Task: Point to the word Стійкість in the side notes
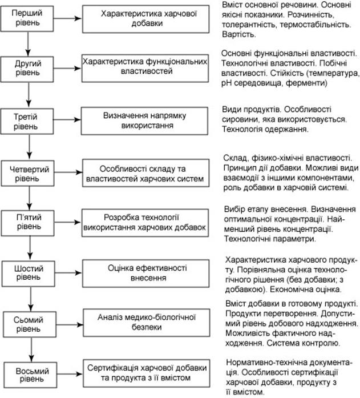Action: coord(304,74)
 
